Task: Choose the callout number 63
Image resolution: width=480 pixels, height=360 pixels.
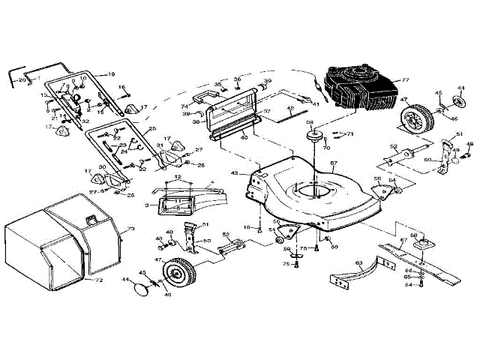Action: coord(358,262)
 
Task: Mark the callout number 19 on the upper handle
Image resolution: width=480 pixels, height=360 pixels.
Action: coord(110,73)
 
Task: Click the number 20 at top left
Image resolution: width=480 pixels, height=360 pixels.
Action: coord(22,79)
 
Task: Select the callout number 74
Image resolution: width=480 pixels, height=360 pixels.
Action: coord(184,107)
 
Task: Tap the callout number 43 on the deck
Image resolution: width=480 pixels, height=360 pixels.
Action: coord(234,173)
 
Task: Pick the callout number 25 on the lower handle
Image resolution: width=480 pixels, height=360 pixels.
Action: coord(151,129)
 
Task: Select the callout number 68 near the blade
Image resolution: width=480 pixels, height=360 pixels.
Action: coord(413,235)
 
